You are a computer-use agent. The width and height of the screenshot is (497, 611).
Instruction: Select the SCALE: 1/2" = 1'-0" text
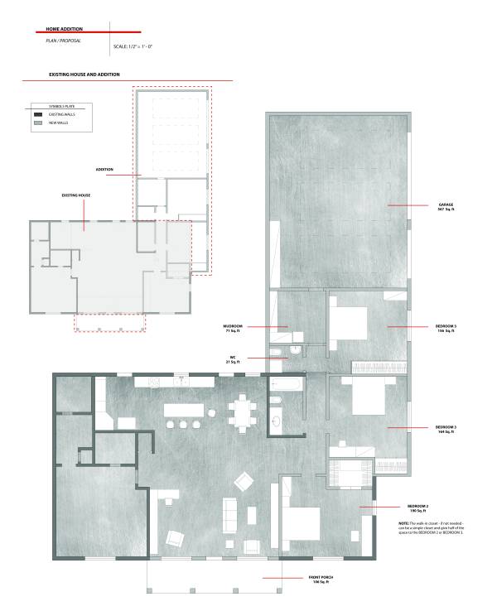point(133,46)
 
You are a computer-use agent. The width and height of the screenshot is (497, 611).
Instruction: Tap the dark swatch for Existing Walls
point(38,114)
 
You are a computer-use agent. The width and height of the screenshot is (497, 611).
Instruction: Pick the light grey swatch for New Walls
point(38,123)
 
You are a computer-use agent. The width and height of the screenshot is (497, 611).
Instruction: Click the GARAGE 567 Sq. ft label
point(446,206)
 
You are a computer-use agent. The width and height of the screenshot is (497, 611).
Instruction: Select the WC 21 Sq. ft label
point(233,360)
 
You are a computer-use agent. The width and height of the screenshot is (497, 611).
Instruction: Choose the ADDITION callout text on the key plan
point(104,169)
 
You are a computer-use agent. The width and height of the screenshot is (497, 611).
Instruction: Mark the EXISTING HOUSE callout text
point(76,195)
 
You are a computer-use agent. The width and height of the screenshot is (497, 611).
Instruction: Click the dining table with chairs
point(242,411)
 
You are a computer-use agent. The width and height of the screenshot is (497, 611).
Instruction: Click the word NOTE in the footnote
point(403,524)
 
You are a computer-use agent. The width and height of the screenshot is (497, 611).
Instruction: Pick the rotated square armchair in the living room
point(244,479)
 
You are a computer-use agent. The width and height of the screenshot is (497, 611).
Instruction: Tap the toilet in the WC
point(296,351)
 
